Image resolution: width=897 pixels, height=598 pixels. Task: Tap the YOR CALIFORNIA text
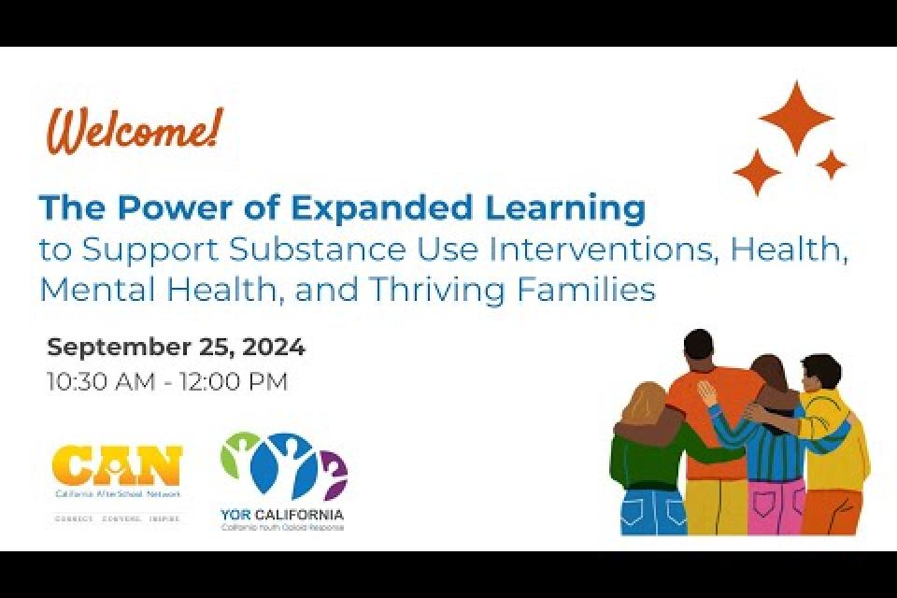coord(282,514)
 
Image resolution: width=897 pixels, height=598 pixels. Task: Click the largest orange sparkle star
coord(795,117)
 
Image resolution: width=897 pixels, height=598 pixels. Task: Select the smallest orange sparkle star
coord(830,165)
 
